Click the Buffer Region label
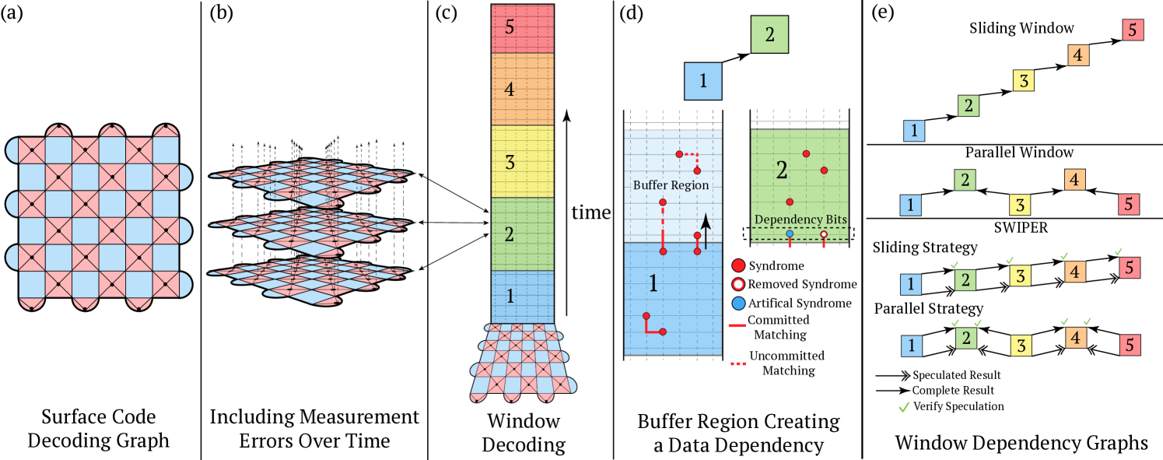tap(671, 185)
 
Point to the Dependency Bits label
tap(800, 220)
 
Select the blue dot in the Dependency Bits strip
tap(790, 234)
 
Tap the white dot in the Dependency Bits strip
tap(824, 234)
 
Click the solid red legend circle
tap(738, 265)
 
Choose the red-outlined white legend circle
tap(738, 284)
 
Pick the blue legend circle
tap(738, 304)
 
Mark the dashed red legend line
tap(738, 363)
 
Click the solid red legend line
tap(737, 325)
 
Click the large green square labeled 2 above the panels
tap(769, 34)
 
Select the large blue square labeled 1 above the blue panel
tap(703, 81)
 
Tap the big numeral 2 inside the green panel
tap(782, 170)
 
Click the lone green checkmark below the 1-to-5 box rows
tap(903, 407)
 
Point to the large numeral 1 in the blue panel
tap(653, 283)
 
